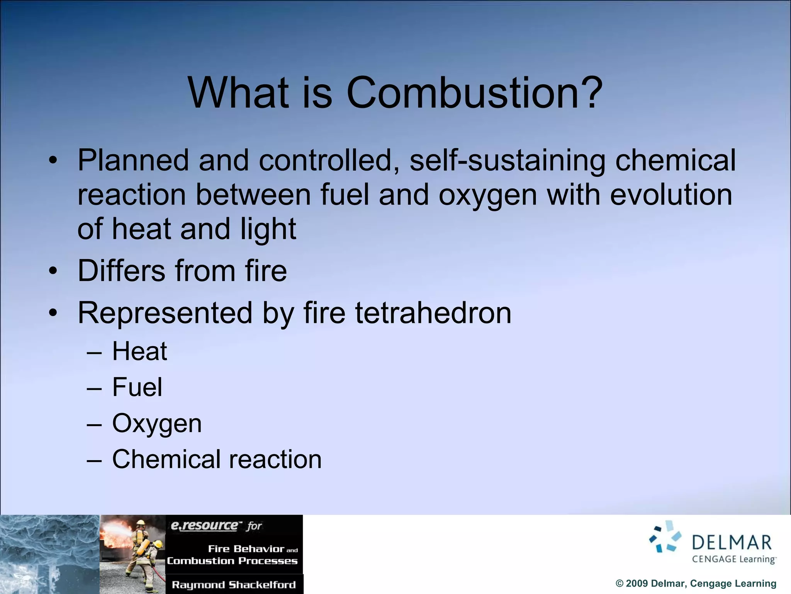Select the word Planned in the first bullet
(133, 160)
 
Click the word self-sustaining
(507, 160)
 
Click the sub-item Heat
(139, 352)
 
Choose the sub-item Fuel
(137, 387)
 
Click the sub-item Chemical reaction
(217, 459)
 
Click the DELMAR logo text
(731, 543)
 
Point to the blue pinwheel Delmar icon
(665, 537)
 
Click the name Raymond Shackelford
(234, 585)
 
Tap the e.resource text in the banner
(205, 526)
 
